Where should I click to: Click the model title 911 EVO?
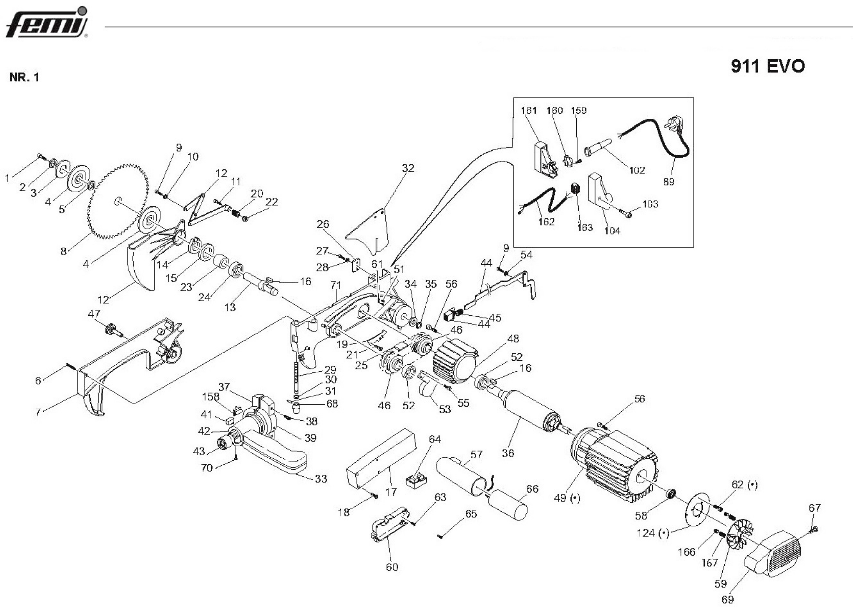click(x=768, y=67)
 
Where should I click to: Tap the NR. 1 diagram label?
click(x=24, y=77)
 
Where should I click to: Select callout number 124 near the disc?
click(x=652, y=532)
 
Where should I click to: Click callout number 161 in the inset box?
click(x=529, y=111)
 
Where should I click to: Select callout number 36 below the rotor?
click(x=508, y=453)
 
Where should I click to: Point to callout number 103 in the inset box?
click(x=650, y=204)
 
